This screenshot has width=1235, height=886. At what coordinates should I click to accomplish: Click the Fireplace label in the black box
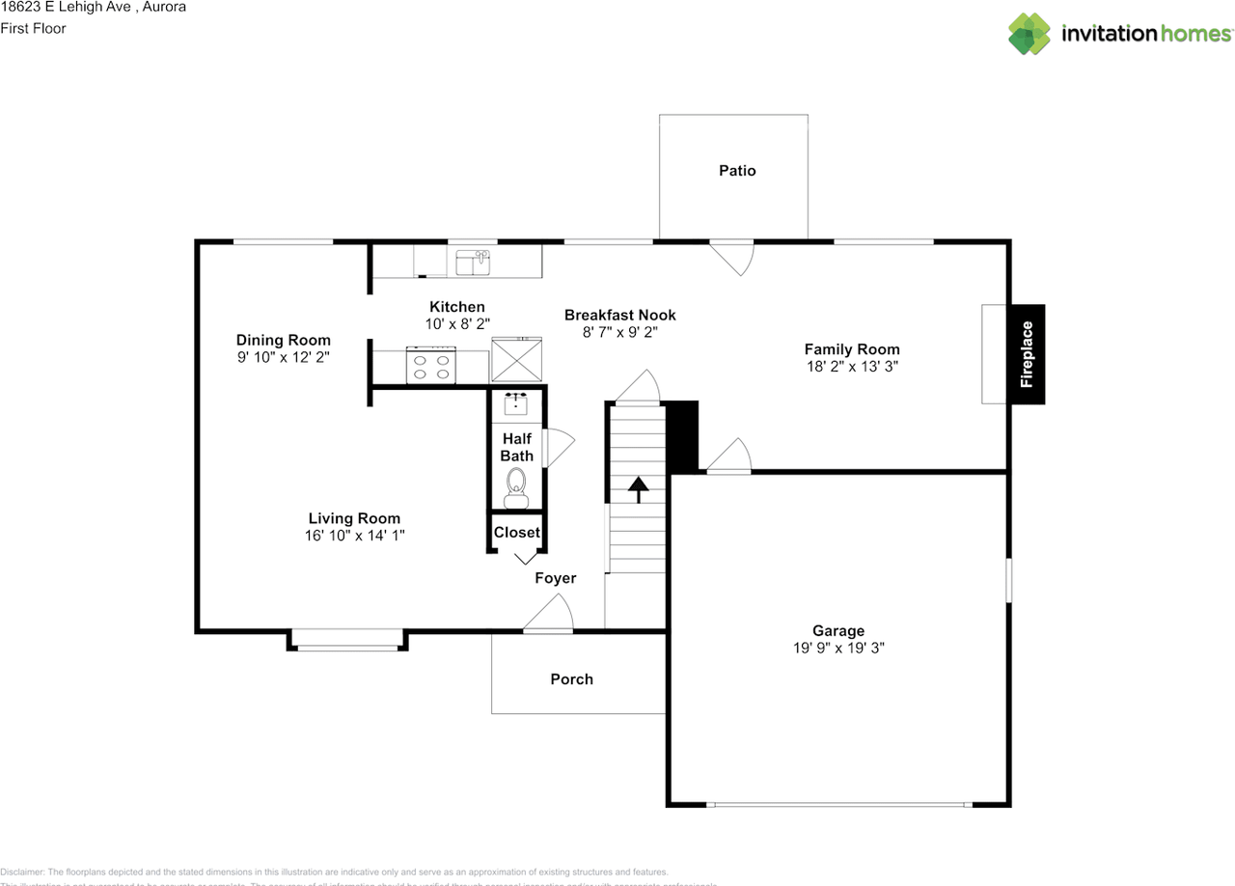tap(1027, 354)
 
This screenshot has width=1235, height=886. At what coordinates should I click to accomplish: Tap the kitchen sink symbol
tap(473, 262)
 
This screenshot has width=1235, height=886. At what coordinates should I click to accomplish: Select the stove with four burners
tap(430, 366)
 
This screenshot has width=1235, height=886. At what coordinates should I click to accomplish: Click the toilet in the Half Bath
tap(516, 485)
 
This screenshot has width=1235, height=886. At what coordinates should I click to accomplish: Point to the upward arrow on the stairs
tap(638, 488)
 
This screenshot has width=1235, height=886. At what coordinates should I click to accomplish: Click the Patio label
tap(737, 171)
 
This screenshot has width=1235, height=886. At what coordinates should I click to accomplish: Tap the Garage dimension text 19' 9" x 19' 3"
tap(837, 649)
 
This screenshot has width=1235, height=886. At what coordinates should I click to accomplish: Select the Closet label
tap(516, 533)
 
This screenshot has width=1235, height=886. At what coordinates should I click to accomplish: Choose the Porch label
tap(571, 679)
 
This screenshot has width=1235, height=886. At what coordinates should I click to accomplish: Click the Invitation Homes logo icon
tap(1029, 34)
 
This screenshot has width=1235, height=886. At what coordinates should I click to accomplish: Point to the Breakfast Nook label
tap(619, 315)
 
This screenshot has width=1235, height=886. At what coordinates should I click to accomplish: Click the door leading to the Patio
tap(733, 256)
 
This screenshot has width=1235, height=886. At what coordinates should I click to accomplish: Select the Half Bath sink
tap(515, 403)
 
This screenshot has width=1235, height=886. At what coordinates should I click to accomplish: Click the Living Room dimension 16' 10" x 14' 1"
tap(354, 536)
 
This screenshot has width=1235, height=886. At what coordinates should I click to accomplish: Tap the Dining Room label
tap(284, 340)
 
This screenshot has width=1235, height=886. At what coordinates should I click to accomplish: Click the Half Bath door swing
tap(558, 448)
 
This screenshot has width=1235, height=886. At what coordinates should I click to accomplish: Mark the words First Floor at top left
tap(33, 28)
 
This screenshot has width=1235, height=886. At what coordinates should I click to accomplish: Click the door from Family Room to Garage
tap(729, 456)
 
